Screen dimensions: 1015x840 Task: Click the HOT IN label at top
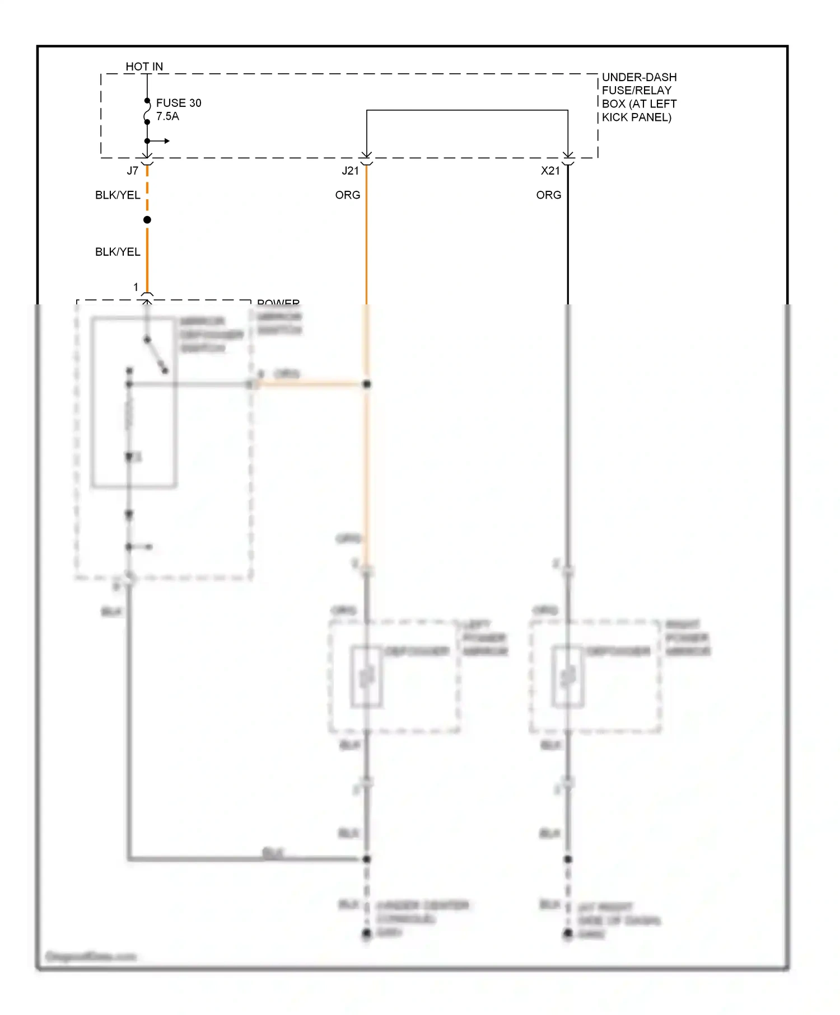144,67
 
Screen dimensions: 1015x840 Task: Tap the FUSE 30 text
178,103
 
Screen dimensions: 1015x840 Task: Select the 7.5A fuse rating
167,116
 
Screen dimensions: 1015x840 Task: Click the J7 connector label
132,171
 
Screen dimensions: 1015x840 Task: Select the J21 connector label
350,171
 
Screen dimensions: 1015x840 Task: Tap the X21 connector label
550,171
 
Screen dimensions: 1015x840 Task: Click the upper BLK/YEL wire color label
118,195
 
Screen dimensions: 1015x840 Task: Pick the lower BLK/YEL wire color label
118,252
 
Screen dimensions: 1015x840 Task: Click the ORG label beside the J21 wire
347,195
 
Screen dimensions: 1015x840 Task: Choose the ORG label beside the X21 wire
548,195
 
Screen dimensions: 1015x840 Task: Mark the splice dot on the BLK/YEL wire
147,220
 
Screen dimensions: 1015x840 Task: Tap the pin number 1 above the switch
136,287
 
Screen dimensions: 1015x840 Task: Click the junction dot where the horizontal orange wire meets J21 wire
367,384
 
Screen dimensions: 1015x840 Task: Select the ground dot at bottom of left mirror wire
367,933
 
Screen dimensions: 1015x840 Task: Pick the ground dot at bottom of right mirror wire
568,933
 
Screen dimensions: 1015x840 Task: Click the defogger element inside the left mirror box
367,677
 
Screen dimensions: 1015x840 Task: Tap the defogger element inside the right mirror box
568,677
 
